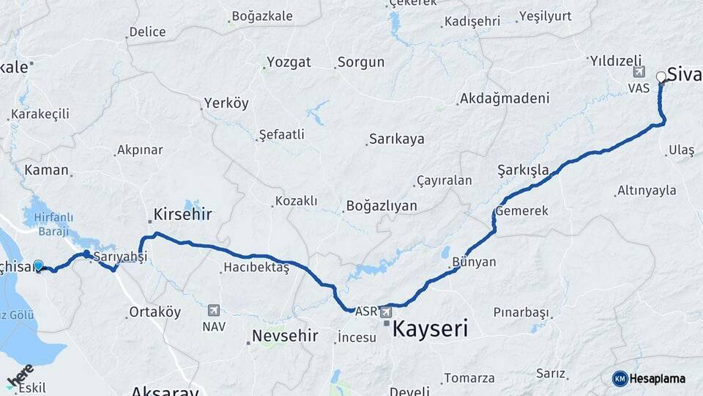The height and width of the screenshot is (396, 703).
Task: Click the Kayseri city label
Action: (x=430, y=329)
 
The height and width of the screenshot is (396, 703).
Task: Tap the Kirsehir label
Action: (x=182, y=214)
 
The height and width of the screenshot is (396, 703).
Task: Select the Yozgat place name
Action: (x=289, y=62)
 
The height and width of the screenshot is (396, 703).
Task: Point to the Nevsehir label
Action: (x=285, y=336)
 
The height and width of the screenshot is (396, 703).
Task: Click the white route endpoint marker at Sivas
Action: (x=661, y=76)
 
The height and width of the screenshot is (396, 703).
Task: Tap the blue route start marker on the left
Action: (x=38, y=266)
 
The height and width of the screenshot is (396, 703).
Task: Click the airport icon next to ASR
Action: (x=385, y=312)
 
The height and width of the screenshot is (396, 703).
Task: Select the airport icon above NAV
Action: (x=213, y=310)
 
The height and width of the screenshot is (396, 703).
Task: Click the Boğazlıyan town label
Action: (x=381, y=206)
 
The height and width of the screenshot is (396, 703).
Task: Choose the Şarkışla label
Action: (x=523, y=170)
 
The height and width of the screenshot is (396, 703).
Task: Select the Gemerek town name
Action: (x=521, y=210)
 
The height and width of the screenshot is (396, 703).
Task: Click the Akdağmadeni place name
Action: (x=503, y=98)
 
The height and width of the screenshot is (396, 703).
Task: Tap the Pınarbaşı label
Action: (x=521, y=313)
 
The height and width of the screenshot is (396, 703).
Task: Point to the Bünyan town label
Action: (x=474, y=262)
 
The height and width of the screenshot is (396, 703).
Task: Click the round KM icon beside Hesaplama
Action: (x=620, y=378)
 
